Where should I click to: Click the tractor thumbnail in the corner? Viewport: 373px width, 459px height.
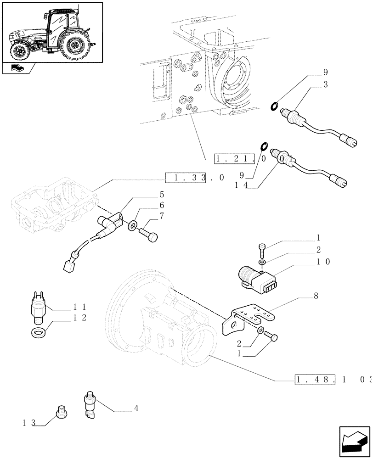point(52,32)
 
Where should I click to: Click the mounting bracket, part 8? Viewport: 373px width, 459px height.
point(249,319)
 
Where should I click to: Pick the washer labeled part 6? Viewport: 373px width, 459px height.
point(132,225)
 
